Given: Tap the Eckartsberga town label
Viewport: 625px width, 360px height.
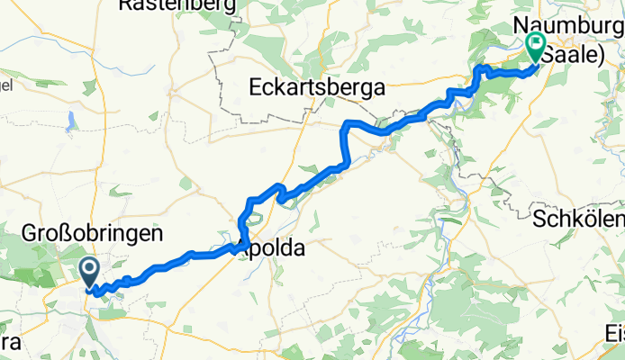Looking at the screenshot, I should click(316, 88).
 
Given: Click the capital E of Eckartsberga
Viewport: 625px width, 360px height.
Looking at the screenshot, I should click(255, 88).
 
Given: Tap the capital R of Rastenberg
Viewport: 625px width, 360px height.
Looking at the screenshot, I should click(126, 5).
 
